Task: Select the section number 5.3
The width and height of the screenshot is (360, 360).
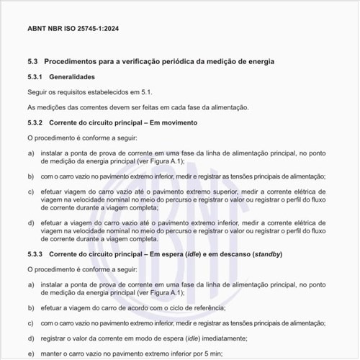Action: coord(32,63)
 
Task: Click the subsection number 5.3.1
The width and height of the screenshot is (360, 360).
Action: coord(35,77)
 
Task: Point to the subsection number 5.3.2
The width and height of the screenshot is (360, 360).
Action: coord(35,122)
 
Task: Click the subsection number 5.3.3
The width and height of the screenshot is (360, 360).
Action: coord(35,255)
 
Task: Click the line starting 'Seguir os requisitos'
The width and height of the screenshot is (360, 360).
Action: coord(89,92)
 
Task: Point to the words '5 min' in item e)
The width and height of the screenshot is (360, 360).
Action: coord(213,354)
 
